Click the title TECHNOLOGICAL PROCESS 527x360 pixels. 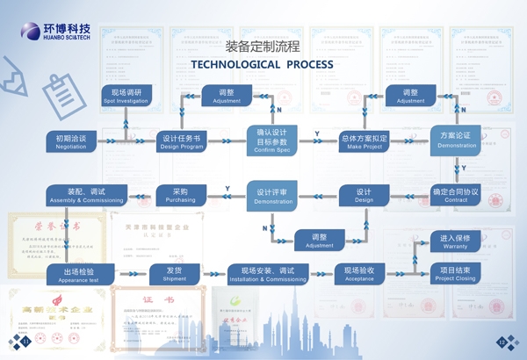[262, 64]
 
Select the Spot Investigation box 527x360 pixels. [125, 96]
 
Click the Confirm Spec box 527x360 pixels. [271, 140]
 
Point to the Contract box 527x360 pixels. [456, 195]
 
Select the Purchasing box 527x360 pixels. [180, 195]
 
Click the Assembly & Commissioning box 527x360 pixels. [86, 195]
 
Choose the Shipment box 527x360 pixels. [174, 274]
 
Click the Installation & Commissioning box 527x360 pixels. [267, 274]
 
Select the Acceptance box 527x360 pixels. [359, 274]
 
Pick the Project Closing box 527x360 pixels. [455, 274]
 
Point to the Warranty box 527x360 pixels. [455, 241]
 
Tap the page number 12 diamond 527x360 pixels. [502, 342]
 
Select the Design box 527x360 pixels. [364, 195]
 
